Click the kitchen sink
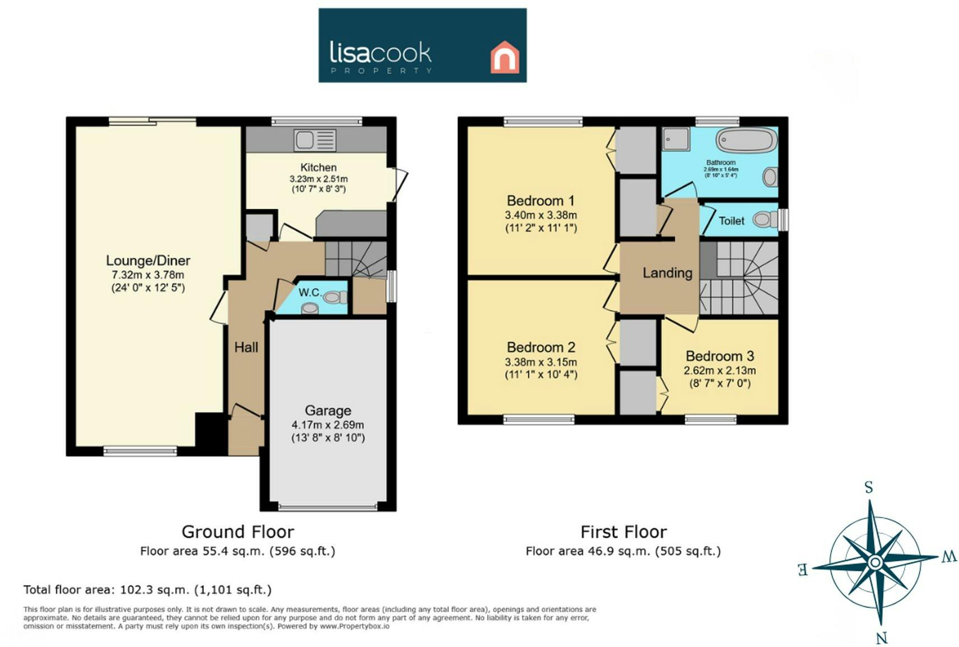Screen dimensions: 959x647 [315, 140]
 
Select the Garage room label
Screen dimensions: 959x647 [328, 410]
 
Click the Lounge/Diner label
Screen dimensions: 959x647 [148, 261]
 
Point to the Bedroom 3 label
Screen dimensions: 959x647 [720, 356]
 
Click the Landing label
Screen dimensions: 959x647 [668, 273]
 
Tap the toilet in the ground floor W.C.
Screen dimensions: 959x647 [335, 297]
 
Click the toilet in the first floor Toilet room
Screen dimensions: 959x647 [766, 219]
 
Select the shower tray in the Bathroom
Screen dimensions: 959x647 [676, 139]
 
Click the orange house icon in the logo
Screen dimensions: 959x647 [505, 57]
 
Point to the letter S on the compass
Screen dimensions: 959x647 [869, 487]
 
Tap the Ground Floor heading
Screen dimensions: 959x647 [238, 532]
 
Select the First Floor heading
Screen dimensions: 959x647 [623, 532]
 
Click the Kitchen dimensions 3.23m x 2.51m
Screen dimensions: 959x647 [319, 179]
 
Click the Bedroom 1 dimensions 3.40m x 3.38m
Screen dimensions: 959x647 [541, 215]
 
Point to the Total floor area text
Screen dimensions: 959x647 [147, 590]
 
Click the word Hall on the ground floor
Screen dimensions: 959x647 [246, 347]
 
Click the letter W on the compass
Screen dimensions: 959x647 [948, 557]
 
